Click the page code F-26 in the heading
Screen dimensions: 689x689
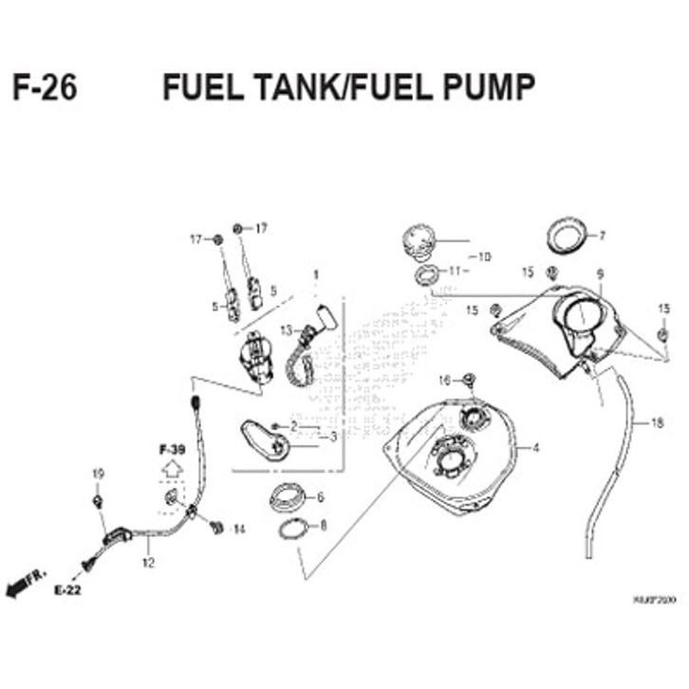point(46,87)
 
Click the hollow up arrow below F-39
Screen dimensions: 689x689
point(170,468)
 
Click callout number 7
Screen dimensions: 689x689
point(602,235)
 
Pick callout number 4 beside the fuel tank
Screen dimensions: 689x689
point(535,447)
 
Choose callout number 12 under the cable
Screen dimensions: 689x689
point(147,561)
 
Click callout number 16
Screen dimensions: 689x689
point(443,380)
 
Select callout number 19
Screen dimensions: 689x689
point(96,474)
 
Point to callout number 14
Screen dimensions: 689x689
point(238,528)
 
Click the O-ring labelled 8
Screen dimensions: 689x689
point(293,528)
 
